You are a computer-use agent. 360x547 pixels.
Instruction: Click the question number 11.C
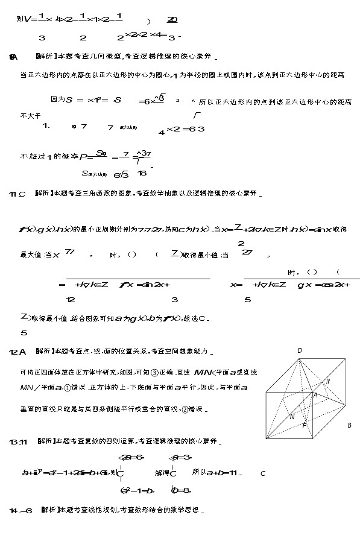(x=17, y=194)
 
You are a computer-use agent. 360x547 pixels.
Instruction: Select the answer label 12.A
(x=18, y=352)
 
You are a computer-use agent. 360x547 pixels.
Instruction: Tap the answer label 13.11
(x=19, y=442)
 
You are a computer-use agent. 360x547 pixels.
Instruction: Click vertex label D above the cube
(x=300, y=350)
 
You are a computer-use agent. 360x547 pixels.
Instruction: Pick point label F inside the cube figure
(x=305, y=425)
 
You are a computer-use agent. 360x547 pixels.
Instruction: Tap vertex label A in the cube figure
(x=315, y=395)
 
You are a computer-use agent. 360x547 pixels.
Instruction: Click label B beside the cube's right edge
(x=349, y=425)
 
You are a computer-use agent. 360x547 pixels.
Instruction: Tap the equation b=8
(x=182, y=490)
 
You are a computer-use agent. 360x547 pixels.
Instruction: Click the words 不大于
(x=30, y=114)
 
